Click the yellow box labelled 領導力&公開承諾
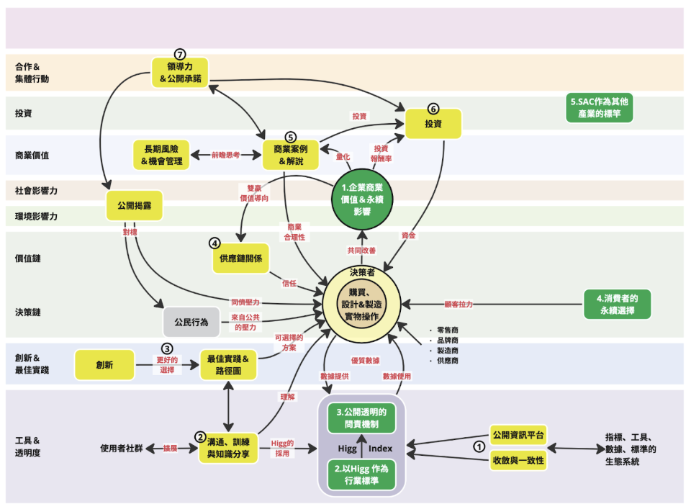[180, 73]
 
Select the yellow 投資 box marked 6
[433, 124]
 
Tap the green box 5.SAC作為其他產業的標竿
[600, 107]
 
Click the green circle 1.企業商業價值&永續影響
[362, 199]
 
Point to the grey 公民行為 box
[191, 323]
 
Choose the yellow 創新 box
[104, 364]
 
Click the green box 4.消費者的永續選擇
[617, 305]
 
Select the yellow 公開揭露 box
[135, 205]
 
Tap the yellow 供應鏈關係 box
[240, 258]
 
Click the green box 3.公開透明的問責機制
[361, 418]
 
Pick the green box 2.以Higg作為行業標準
[361, 474]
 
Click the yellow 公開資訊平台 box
[518, 435]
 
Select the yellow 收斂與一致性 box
[518, 460]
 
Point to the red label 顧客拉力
[459, 305]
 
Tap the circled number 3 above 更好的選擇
[167, 348]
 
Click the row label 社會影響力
[36, 191]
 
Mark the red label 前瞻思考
[225, 155]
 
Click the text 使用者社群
[122, 449]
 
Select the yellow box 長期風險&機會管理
[161, 156]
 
